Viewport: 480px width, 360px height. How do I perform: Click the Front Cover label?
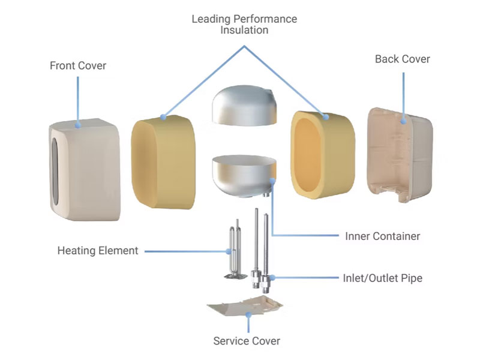pos(78,65)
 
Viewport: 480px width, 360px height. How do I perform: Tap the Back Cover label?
pos(402,59)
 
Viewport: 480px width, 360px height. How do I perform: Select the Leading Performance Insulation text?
pos(244,25)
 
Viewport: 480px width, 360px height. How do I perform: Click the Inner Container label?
pos(383,236)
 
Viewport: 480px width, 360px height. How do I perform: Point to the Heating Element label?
pos(98,250)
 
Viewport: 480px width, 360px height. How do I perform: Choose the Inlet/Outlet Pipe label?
pos(382,278)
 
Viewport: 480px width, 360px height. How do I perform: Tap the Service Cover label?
pos(247,341)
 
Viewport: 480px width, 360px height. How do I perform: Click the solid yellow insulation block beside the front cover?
pos(162,162)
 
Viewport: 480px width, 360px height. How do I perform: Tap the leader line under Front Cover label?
pos(78,99)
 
